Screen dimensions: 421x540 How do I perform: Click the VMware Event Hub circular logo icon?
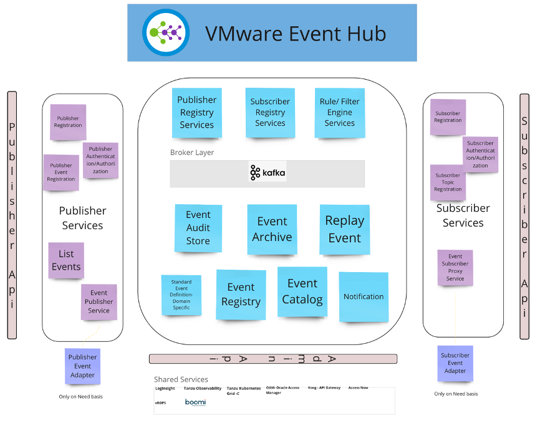(x=166, y=32)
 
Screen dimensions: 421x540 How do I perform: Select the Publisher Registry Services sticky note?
(x=197, y=113)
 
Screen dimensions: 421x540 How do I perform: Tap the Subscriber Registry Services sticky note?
(x=270, y=112)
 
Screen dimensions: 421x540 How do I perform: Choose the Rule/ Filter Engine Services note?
(x=339, y=112)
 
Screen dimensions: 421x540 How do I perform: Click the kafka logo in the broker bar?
(x=268, y=173)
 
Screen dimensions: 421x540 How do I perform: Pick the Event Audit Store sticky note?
(x=198, y=228)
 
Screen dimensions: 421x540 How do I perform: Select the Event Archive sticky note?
(x=272, y=229)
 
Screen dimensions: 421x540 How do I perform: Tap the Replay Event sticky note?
(x=345, y=229)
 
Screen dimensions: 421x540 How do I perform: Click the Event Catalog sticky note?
(x=302, y=291)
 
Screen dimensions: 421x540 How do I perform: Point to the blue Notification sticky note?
(x=364, y=297)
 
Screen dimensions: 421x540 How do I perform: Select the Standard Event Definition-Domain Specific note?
(x=181, y=295)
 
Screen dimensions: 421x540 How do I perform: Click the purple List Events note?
(x=66, y=260)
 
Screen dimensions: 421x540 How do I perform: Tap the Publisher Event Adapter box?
(x=82, y=366)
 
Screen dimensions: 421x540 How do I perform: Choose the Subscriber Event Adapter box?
(x=455, y=364)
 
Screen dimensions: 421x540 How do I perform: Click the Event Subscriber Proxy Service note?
(x=455, y=268)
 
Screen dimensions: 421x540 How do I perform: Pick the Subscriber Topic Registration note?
(x=448, y=182)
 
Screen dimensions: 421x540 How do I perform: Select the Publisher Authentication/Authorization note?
(x=100, y=160)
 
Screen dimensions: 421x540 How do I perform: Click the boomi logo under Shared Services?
(x=195, y=402)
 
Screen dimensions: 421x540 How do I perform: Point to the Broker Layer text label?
(x=192, y=153)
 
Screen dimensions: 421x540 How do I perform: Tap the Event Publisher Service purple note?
(x=99, y=302)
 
